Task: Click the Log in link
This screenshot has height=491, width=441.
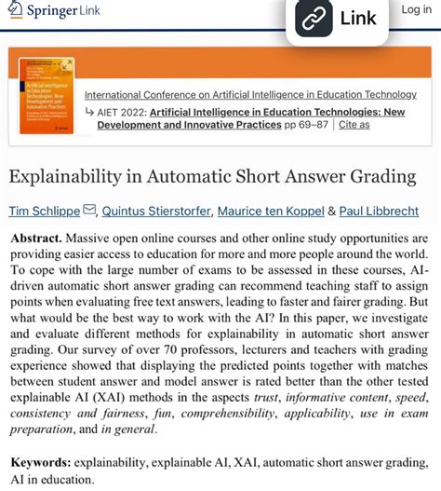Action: tap(416, 9)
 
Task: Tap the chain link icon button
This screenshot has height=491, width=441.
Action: tap(314, 18)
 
